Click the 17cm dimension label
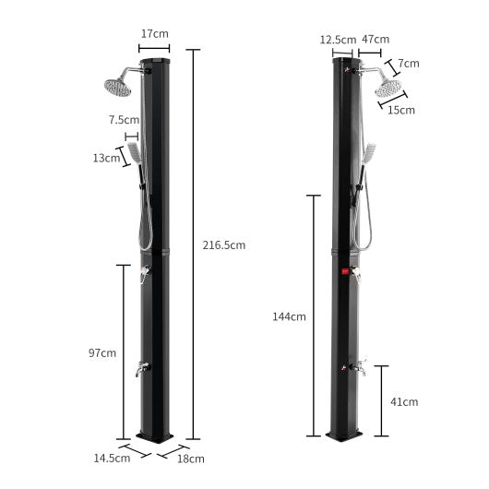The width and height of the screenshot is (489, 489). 154,34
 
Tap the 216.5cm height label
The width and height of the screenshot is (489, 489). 224,244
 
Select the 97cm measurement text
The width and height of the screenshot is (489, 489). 102,352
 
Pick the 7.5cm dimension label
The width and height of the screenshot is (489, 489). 123,120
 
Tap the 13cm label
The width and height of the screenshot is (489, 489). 107,158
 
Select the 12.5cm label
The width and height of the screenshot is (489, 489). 338,40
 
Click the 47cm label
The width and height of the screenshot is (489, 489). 375,40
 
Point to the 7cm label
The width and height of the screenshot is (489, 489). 410,64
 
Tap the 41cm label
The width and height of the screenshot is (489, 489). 404,401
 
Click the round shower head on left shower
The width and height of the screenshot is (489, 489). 118,87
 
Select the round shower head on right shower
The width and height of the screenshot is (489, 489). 388,88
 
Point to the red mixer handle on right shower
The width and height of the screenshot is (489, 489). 344,272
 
